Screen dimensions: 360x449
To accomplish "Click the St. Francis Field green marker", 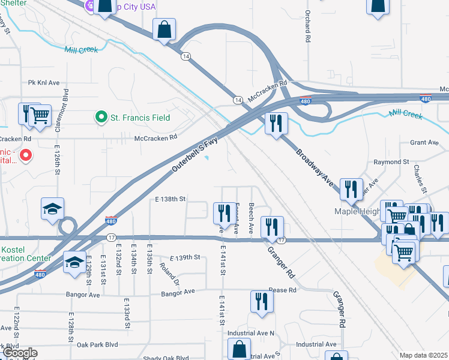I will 101,118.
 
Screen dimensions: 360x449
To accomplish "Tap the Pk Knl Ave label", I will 44,82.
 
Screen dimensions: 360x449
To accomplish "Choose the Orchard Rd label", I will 307,26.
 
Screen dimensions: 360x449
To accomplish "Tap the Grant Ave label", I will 424,143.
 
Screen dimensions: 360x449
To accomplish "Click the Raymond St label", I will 391,162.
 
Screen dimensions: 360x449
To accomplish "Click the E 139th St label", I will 184,257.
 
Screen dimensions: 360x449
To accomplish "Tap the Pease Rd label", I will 283,290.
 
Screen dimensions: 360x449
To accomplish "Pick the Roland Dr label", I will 174,271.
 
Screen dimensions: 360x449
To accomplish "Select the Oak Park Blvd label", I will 97,345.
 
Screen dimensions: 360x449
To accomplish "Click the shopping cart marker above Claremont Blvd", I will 40,115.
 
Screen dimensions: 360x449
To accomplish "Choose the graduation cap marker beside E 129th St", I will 74,264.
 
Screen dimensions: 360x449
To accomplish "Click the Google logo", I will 20,353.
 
